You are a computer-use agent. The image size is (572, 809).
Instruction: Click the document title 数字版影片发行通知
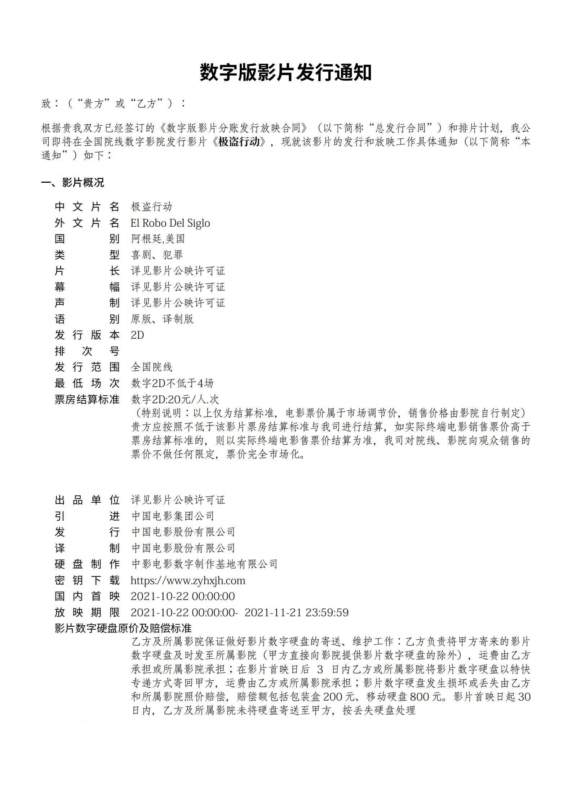tap(285, 72)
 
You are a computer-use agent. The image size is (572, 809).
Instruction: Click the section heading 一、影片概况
tap(72, 183)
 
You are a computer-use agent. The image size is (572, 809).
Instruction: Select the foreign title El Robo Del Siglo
tap(170, 223)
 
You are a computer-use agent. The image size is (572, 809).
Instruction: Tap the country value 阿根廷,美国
tap(158, 239)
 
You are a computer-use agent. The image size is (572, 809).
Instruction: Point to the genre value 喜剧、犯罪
tap(157, 255)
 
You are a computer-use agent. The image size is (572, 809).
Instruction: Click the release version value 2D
tap(137, 335)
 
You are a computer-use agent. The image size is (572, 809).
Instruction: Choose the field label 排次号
tap(87, 351)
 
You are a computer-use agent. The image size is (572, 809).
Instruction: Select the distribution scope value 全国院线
tap(152, 367)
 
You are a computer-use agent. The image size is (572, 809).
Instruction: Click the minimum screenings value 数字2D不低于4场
tap(172, 383)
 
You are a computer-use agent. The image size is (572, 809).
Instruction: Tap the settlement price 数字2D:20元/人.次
tap(175, 399)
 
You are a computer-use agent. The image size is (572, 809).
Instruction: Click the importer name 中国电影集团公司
tap(173, 516)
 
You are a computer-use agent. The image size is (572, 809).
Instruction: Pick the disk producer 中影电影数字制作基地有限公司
tap(204, 564)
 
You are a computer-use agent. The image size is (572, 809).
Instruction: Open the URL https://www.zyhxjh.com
tap(188, 581)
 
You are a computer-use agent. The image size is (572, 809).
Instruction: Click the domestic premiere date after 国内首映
tap(182, 596)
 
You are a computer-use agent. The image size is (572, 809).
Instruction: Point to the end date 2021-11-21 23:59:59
tap(296, 613)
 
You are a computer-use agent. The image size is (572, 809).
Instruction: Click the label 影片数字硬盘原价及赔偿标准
tap(123, 628)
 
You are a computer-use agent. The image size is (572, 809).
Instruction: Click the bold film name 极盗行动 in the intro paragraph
tap(239, 142)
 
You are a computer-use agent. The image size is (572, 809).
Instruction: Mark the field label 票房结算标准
tap(87, 399)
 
